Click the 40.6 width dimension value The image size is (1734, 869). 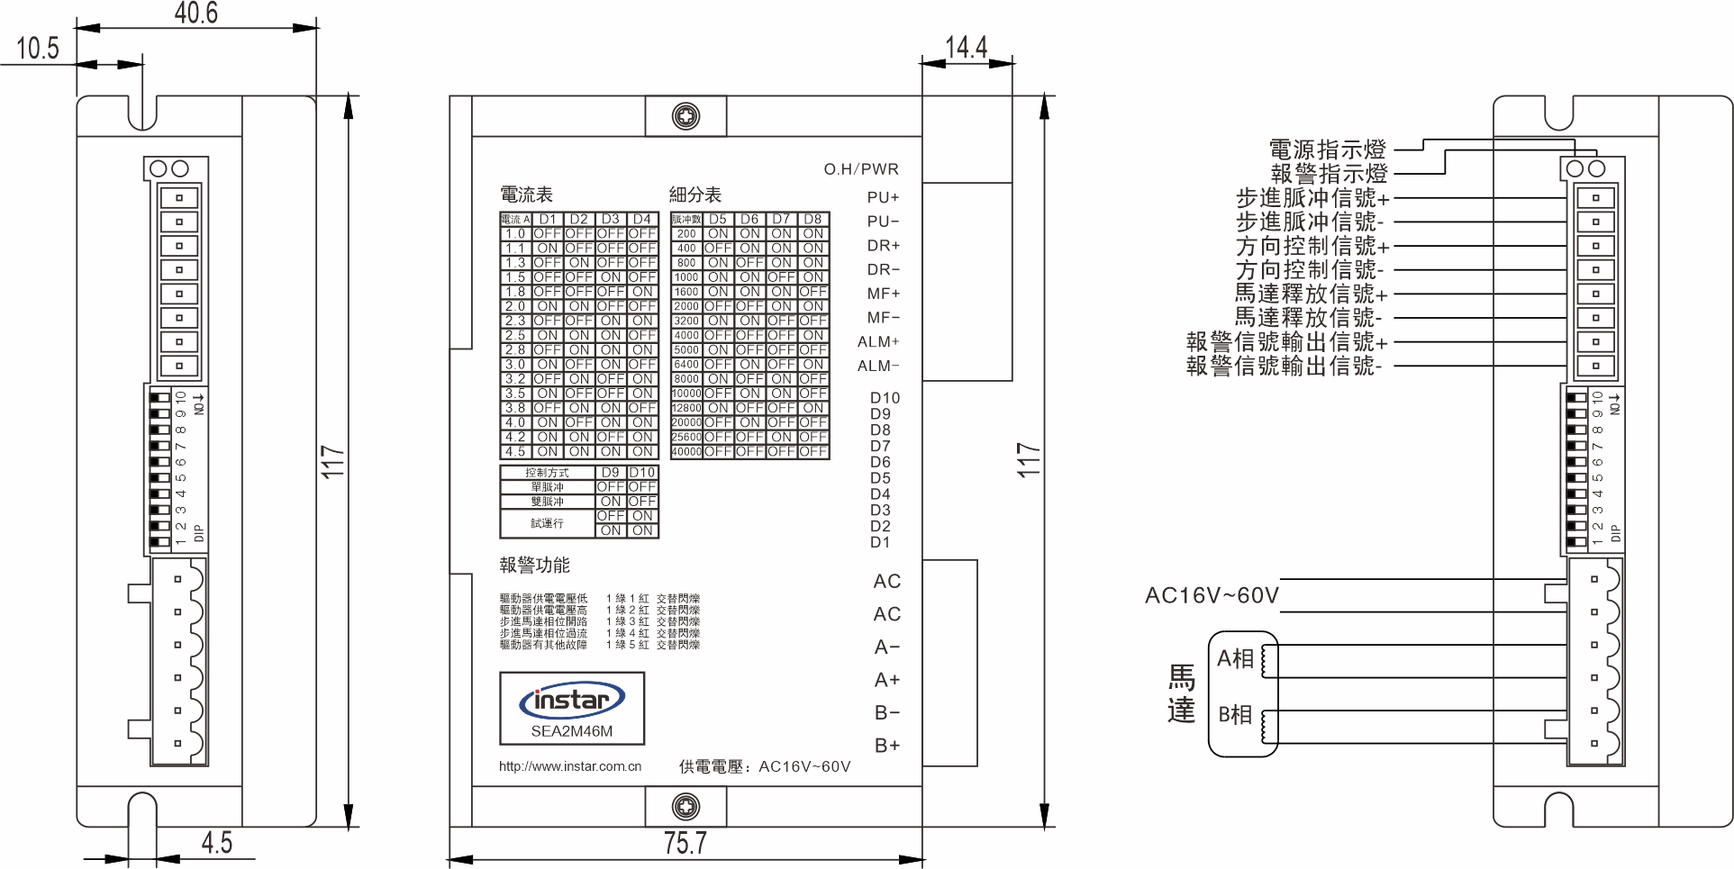pos(195,13)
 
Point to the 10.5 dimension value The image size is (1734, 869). pos(38,48)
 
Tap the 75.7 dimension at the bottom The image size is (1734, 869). pos(685,843)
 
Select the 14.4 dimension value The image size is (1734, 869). pos(966,47)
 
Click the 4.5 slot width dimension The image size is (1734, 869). pos(216,843)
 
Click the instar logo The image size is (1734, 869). pos(571,701)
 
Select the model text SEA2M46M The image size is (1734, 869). pos(571,731)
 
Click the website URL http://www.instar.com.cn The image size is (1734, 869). pos(570,766)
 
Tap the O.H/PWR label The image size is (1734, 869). pos(861,169)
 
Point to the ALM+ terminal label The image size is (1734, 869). pos(878,342)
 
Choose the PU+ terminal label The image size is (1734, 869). pos(883,197)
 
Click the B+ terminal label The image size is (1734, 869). pos(887,746)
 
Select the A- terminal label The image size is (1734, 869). pos(887,647)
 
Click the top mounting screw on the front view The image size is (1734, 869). pos(686,116)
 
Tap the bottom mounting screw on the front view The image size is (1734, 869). pos(686,807)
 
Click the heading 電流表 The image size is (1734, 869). pos(526,195)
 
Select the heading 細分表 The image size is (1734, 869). pos(695,195)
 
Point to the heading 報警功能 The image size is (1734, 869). pos(535,566)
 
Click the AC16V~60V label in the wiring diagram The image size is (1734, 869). pos(1212,595)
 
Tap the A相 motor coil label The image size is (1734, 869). pos(1235,659)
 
